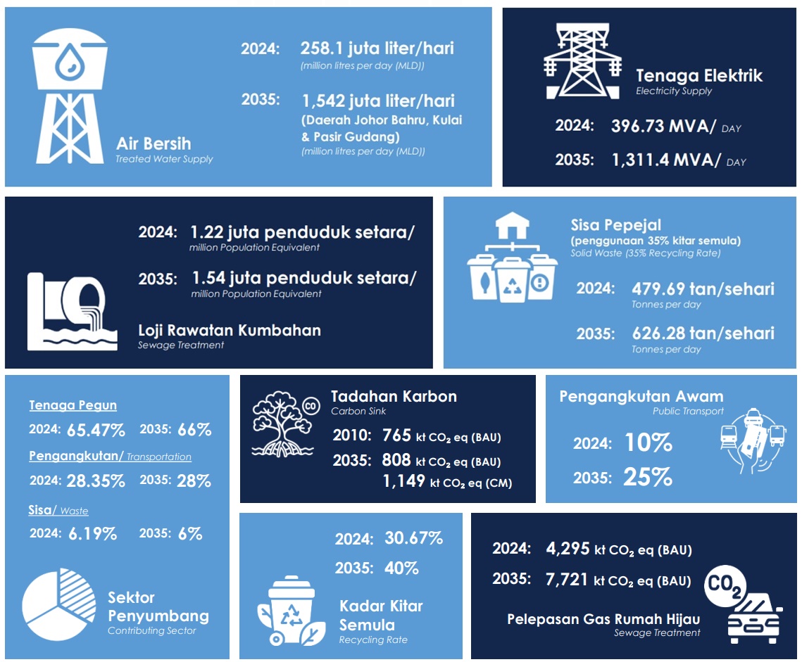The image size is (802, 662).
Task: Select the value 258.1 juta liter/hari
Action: click(x=377, y=49)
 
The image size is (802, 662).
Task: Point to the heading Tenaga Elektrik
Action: click(x=698, y=75)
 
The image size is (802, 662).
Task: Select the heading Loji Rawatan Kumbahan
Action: click(x=229, y=330)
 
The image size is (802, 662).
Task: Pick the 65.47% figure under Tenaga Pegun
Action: click(x=95, y=430)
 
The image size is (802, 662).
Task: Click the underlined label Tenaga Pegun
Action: click(x=73, y=405)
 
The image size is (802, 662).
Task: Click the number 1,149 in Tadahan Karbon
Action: click(x=403, y=481)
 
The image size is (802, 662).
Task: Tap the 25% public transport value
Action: click(x=647, y=478)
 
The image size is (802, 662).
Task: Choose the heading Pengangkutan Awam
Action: click(x=641, y=396)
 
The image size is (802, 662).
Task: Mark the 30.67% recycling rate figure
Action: click(x=413, y=539)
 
